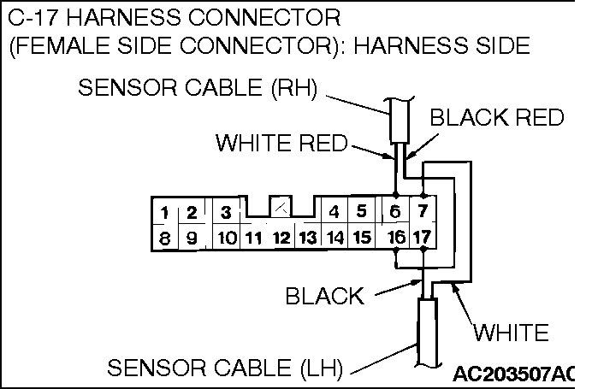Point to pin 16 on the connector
[395, 237]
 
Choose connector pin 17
[422, 237]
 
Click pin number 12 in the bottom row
[280, 238]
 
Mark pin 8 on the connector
[163, 238]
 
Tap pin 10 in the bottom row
[225, 238]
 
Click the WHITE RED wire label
[281, 143]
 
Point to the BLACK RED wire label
[496, 117]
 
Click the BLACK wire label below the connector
[324, 296]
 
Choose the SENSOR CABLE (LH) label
[225, 368]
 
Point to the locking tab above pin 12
[281, 206]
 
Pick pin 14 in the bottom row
[335, 238]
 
